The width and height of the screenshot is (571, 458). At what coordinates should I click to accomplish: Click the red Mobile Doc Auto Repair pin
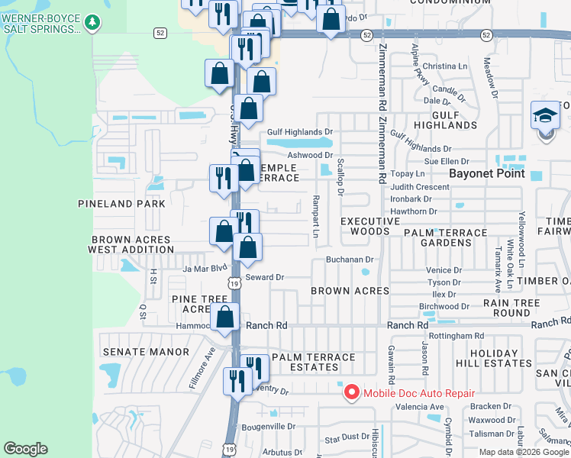pos(352,393)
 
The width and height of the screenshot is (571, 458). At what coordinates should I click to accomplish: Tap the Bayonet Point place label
pos(486,173)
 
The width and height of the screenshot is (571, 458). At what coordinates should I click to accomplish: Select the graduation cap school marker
pos(545,117)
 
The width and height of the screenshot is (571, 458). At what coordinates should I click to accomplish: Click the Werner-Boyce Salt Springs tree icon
pos(92,22)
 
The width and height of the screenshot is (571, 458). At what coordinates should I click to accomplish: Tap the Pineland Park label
pos(121,204)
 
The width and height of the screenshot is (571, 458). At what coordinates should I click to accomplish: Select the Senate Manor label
pos(145,352)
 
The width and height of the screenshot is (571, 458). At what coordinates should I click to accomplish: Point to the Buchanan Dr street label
pos(349,260)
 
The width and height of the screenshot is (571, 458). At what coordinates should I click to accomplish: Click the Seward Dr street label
pos(264,277)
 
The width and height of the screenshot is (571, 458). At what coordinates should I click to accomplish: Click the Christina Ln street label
pos(445,66)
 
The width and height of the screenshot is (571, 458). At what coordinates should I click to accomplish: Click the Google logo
pos(26,449)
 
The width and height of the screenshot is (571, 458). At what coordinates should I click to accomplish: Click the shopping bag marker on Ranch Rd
pos(225,318)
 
